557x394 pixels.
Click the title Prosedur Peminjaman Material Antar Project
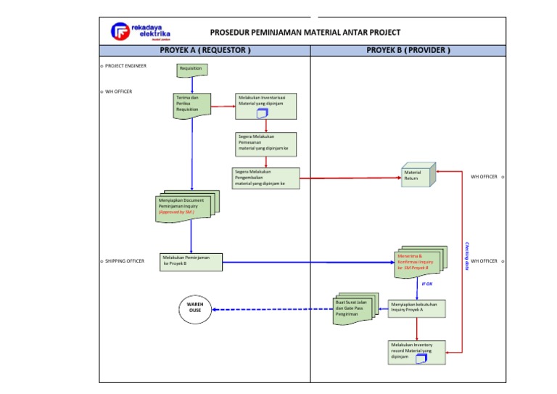pyautogui.click(x=305, y=32)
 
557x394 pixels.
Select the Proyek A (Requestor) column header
pyautogui.click(x=205, y=50)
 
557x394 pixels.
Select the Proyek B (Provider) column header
pyautogui.click(x=408, y=50)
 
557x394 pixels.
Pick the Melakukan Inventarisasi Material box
pyautogui.click(x=265, y=104)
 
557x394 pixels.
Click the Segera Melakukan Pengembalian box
pyautogui.click(x=265, y=178)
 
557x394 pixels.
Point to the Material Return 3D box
pyautogui.click(x=418, y=176)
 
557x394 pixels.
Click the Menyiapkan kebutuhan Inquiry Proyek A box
pyautogui.click(x=416, y=308)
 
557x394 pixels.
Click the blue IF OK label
pyautogui.click(x=427, y=284)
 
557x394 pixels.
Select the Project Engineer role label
pyautogui.click(x=125, y=65)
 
